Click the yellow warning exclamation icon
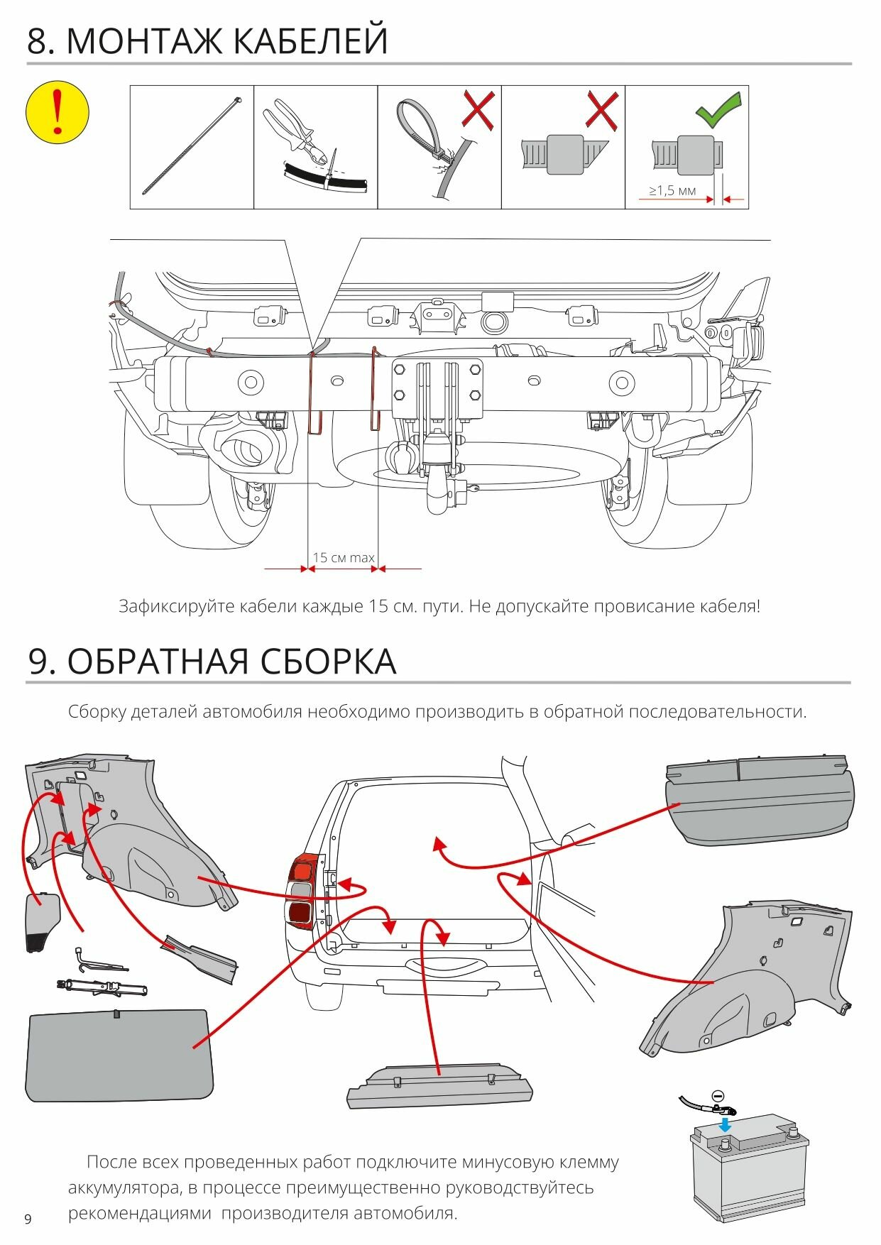[x=57, y=112]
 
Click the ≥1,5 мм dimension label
[x=672, y=190]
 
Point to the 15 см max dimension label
[x=344, y=557]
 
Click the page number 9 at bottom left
[x=28, y=1219]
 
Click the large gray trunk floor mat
[x=117, y=1054]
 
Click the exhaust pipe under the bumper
[x=241, y=450]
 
